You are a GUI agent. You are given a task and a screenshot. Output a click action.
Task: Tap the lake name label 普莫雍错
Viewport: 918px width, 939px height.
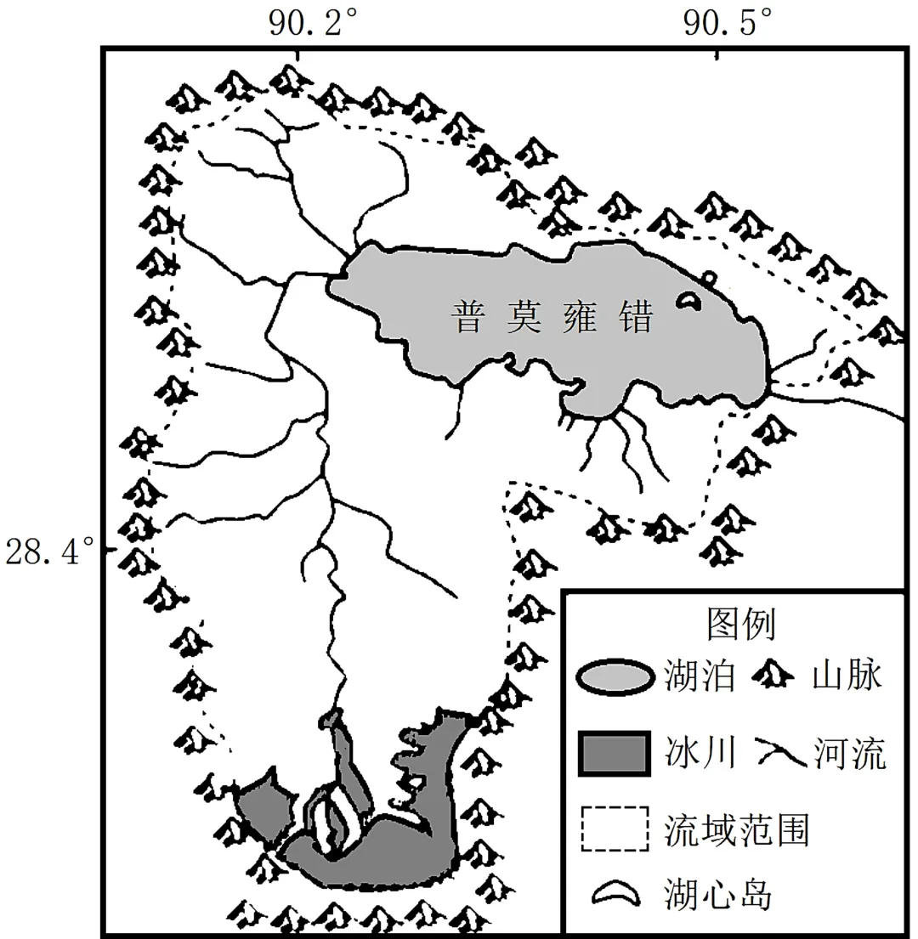(x=554, y=319)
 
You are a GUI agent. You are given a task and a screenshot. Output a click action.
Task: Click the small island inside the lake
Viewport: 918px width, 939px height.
(x=688, y=300)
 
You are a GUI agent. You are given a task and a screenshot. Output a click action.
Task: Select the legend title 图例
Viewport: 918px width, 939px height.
(x=740, y=625)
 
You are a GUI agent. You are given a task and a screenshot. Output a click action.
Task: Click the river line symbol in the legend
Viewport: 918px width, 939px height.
(x=778, y=752)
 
